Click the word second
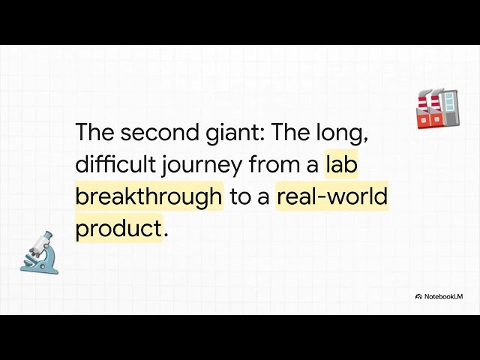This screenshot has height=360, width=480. pos(159,132)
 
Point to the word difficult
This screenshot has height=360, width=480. pos(115,163)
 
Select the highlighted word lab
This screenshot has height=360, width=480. pos(341,163)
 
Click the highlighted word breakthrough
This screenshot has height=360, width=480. pos(148,196)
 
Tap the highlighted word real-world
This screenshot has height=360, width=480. pos(332,196)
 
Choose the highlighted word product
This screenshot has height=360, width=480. pos(118,228)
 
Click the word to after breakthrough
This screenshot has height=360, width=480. pos(240,196)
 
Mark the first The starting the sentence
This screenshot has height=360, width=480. pos(94,132)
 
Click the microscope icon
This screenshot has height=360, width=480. pos(39,253)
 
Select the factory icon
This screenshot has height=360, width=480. pos(438,109)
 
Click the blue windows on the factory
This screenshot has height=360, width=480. pos(448,102)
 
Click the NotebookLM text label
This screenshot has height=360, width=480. pos(443,297)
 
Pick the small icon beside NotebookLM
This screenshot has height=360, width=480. pos(418,297)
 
